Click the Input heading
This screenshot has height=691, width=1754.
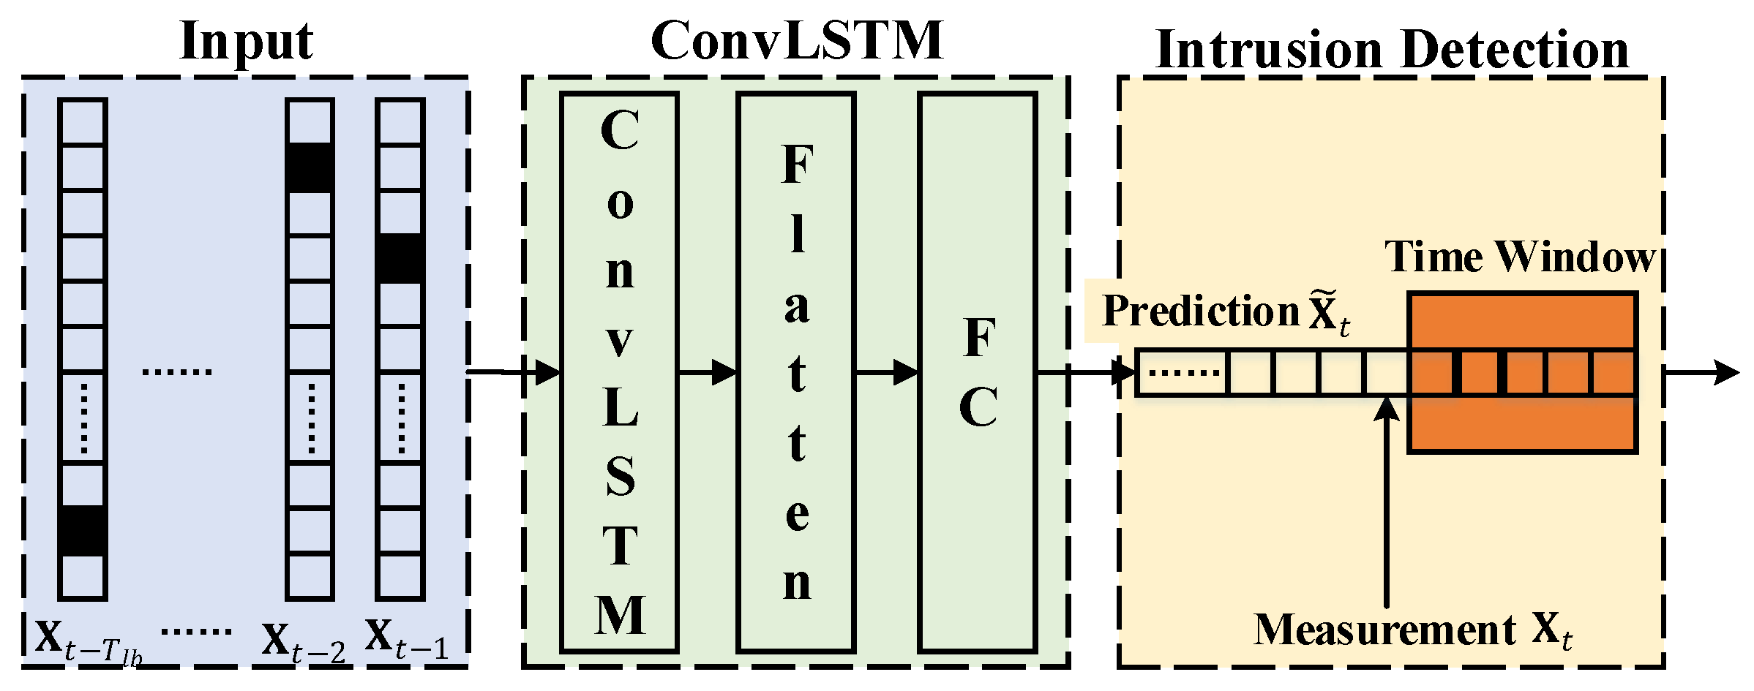tap(247, 42)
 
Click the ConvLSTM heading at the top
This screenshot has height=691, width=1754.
tap(797, 40)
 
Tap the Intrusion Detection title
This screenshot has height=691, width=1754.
tap(1392, 50)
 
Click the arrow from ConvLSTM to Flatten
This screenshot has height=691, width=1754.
tap(707, 373)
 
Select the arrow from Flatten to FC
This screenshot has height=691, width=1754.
tap(886, 373)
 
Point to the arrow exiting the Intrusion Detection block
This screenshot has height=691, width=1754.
tap(1701, 373)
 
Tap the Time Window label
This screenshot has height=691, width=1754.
tap(1519, 257)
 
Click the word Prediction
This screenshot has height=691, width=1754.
tap(1200, 311)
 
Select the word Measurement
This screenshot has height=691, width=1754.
tap(1384, 630)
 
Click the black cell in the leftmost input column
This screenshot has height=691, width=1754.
tap(83, 529)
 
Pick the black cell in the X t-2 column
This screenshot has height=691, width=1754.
tap(310, 168)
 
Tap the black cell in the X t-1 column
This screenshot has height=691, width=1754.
tap(400, 258)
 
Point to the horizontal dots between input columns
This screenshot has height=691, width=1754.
tap(176, 372)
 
